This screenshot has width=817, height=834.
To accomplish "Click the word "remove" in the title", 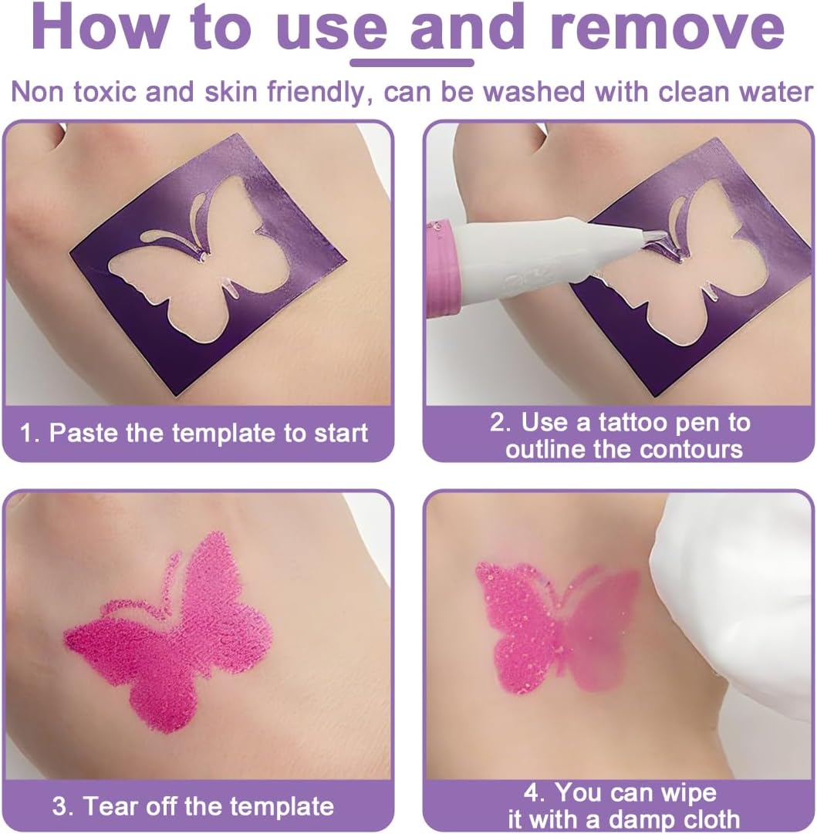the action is [667, 28].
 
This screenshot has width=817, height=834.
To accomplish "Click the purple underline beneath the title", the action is [412, 62].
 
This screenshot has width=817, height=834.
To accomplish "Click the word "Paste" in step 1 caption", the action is [84, 432].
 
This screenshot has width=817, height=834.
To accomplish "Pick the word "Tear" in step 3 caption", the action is [111, 805].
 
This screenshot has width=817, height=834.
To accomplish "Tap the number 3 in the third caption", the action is [61, 806].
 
